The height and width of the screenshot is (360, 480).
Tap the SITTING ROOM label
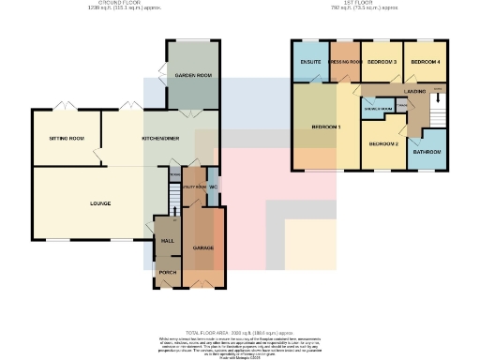[x=67, y=138]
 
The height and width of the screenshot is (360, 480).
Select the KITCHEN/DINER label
[x=157, y=138]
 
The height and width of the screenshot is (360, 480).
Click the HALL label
[x=168, y=241]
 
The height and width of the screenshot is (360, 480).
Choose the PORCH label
[x=168, y=272]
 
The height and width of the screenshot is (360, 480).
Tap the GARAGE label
[x=203, y=247]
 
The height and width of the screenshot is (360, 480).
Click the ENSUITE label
[x=310, y=62]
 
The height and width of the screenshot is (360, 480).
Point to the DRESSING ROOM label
[x=345, y=62]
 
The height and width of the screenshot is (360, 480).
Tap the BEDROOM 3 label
[x=382, y=62]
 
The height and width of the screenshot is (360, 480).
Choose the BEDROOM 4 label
[x=425, y=62]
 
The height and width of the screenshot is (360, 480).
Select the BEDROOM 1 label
[x=326, y=126]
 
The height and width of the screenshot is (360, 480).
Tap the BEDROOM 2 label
[x=383, y=143]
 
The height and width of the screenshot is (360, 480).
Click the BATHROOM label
[x=428, y=151]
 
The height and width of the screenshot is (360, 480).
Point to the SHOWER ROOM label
[x=378, y=109]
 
